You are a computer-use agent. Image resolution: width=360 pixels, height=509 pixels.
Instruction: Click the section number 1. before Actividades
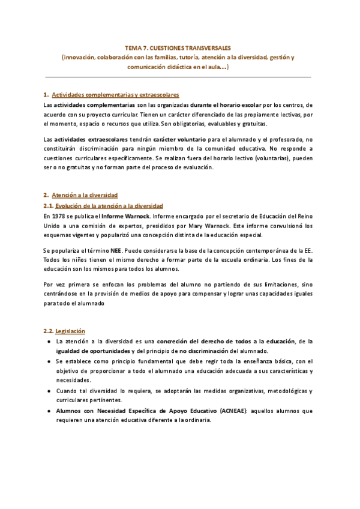tap(46, 95)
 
